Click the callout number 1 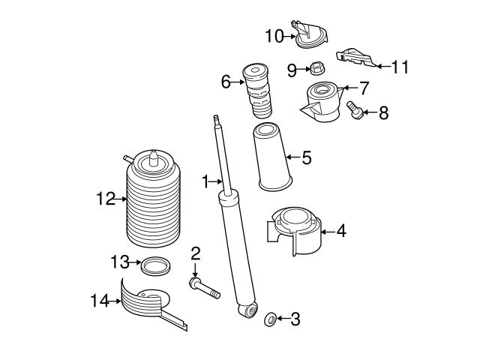tap(204, 181)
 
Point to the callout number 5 tap(306, 157)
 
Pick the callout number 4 tap(340, 231)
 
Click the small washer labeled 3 tap(269, 320)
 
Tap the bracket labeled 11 tap(354, 57)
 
